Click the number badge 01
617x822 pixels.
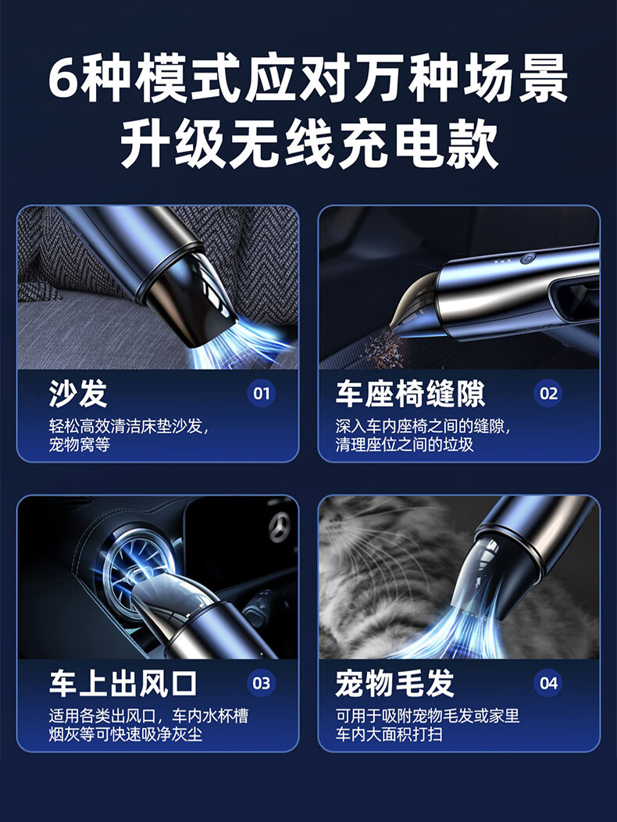261,393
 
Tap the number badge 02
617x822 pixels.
547,393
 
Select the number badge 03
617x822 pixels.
261,683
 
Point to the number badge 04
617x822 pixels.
547,683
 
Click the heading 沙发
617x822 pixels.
78,393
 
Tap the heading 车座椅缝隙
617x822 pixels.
411,393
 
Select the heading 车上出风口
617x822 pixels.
123,683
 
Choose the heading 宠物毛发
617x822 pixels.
394,683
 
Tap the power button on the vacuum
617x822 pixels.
527,259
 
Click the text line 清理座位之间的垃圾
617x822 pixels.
404,445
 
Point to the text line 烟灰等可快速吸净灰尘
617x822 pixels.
125,734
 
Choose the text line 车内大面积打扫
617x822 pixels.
389,734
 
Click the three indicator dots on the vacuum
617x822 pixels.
502,260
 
